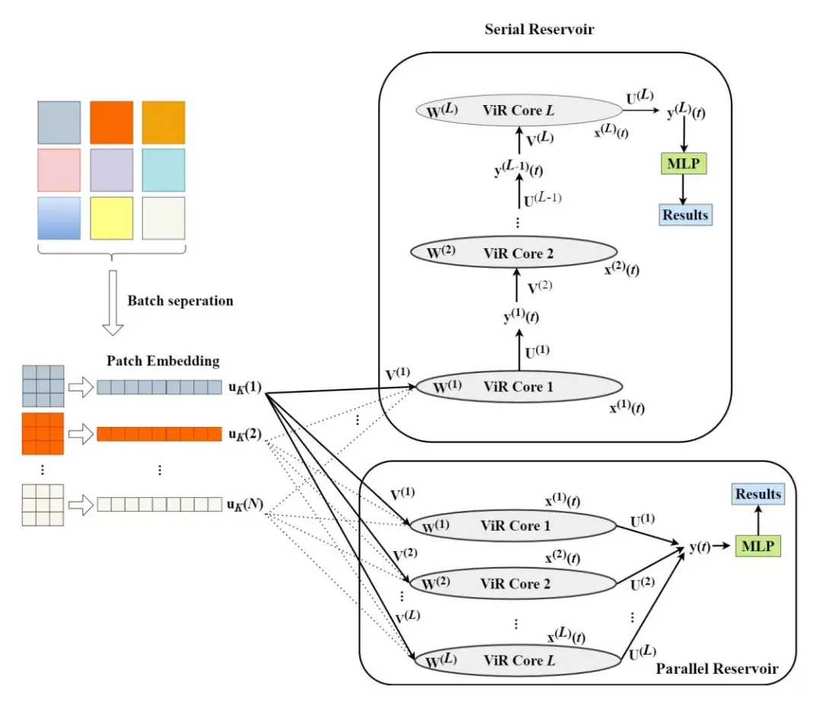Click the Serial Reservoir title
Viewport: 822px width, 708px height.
click(539, 30)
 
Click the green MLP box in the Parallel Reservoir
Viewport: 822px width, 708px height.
click(757, 545)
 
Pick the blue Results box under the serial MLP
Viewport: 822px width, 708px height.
click(685, 215)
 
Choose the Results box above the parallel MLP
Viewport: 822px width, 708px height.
click(757, 494)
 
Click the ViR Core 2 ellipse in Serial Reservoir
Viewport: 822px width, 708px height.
click(512, 253)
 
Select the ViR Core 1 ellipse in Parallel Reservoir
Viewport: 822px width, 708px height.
click(512, 525)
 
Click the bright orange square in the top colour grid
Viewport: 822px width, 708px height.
click(111, 123)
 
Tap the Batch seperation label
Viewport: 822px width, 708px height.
click(180, 301)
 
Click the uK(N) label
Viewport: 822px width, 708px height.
click(244, 505)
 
